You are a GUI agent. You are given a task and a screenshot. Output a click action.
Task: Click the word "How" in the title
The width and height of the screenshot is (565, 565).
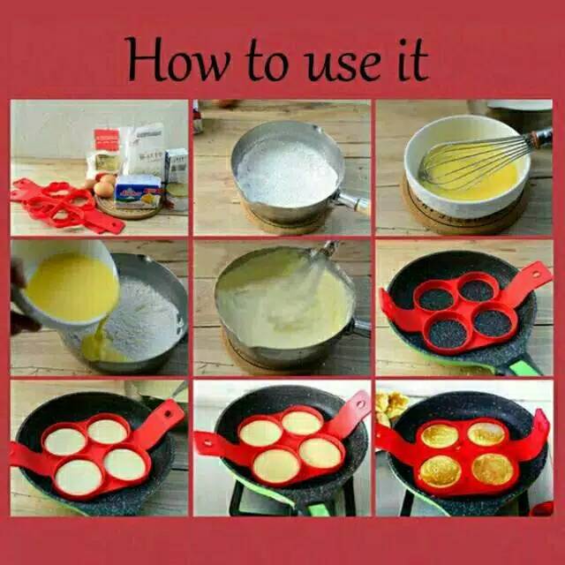179,59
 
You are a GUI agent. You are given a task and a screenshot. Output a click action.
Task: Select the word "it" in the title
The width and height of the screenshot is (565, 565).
413,60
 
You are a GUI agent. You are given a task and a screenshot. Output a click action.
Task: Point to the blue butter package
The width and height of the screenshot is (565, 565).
139,192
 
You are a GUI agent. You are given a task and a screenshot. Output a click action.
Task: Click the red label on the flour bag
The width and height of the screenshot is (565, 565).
107,139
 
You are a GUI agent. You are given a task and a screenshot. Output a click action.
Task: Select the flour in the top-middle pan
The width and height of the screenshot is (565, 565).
287,173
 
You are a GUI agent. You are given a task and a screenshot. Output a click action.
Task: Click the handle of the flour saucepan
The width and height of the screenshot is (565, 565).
353,203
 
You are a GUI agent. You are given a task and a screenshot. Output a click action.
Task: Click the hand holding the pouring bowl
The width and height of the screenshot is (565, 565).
21,299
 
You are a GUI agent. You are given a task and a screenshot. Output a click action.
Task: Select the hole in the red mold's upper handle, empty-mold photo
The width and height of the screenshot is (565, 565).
536,275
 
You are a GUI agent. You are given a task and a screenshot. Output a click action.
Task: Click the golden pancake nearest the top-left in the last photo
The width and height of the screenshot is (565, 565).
440,435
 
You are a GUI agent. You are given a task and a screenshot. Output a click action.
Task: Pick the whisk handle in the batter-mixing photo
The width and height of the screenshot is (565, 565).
328,249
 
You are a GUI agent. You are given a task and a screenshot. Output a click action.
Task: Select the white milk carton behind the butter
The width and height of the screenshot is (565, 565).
177,165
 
